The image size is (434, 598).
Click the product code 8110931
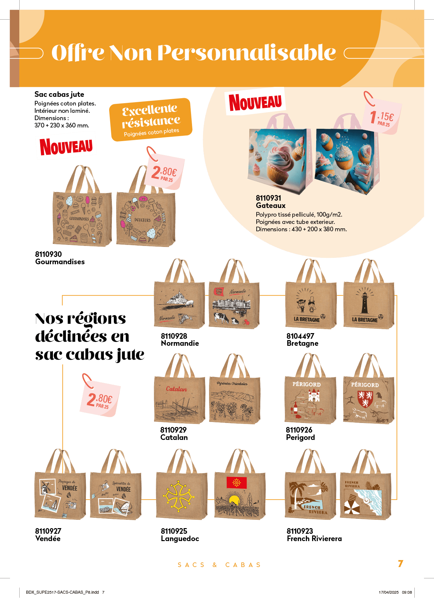(x=268, y=198)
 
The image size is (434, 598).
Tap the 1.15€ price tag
(x=384, y=117)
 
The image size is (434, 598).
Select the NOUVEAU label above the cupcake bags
(x=255, y=102)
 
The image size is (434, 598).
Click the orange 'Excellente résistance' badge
(x=151, y=119)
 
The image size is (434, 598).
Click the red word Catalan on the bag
(x=176, y=389)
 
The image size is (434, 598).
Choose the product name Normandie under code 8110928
(x=180, y=343)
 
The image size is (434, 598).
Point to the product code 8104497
(x=300, y=336)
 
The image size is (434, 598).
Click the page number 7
(x=401, y=563)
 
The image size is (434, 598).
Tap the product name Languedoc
(x=180, y=538)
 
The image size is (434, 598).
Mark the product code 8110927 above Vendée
(x=48, y=531)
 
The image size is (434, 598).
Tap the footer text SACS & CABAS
(x=219, y=565)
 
